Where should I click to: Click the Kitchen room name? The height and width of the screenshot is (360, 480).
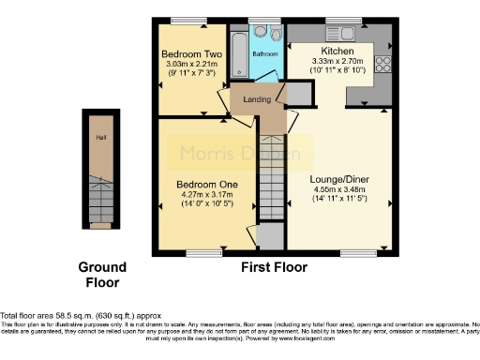point(336,51)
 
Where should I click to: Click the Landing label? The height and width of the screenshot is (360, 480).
point(257,99)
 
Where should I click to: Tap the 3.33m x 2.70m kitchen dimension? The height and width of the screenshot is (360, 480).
point(336,61)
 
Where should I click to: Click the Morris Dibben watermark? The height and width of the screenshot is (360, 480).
point(235,153)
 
